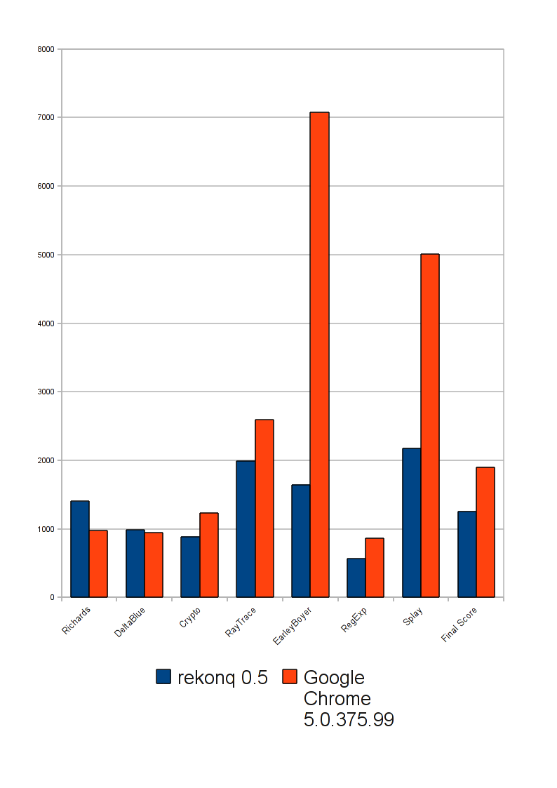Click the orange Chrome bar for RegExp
tap(375, 567)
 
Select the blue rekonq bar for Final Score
tap(467, 554)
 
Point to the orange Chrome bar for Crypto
tap(209, 554)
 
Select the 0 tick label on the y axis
tap(51, 597)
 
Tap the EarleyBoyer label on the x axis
tap(293, 623)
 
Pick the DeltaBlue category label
tap(130, 622)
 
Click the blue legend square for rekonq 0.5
tap(163, 676)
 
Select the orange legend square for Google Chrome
tap(290, 676)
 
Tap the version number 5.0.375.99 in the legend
tap(349, 719)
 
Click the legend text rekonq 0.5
tap(222, 677)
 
